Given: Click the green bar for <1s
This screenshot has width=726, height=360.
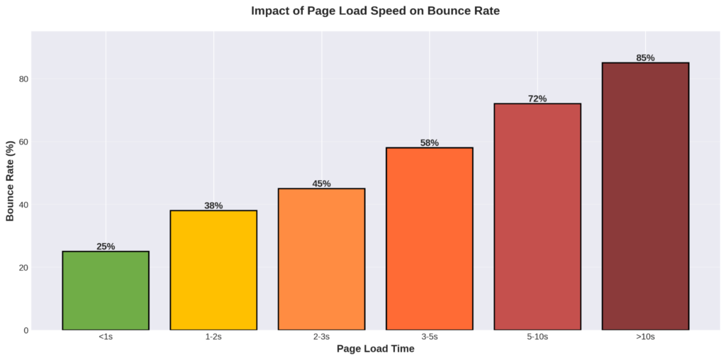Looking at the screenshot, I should (106, 291).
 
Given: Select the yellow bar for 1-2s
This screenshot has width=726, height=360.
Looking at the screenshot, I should (213, 270).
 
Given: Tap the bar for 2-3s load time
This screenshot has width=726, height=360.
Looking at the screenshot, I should (321, 259).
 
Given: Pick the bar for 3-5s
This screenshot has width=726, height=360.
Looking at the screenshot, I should (429, 239).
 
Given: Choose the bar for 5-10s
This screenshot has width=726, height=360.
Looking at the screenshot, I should (537, 216).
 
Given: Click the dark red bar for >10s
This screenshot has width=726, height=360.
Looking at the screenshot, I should (645, 196).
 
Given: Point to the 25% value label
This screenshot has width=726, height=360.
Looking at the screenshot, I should (106, 247).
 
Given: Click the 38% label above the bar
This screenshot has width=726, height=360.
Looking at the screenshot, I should (213, 206).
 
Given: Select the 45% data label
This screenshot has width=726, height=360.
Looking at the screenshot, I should (321, 184).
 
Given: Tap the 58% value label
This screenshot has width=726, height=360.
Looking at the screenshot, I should (429, 142).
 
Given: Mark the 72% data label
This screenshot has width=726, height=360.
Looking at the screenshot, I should (537, 99).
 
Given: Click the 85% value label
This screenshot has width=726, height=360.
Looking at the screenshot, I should (645, 58).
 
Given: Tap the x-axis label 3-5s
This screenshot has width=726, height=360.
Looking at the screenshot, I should (429, 337).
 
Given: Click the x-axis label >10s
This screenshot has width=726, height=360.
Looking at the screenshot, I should (645, 337).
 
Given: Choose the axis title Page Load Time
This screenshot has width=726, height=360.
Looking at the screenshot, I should (375, 349).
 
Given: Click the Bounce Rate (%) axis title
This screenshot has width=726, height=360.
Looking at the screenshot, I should (11, 181).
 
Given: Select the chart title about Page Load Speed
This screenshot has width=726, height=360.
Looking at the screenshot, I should (375, 11).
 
